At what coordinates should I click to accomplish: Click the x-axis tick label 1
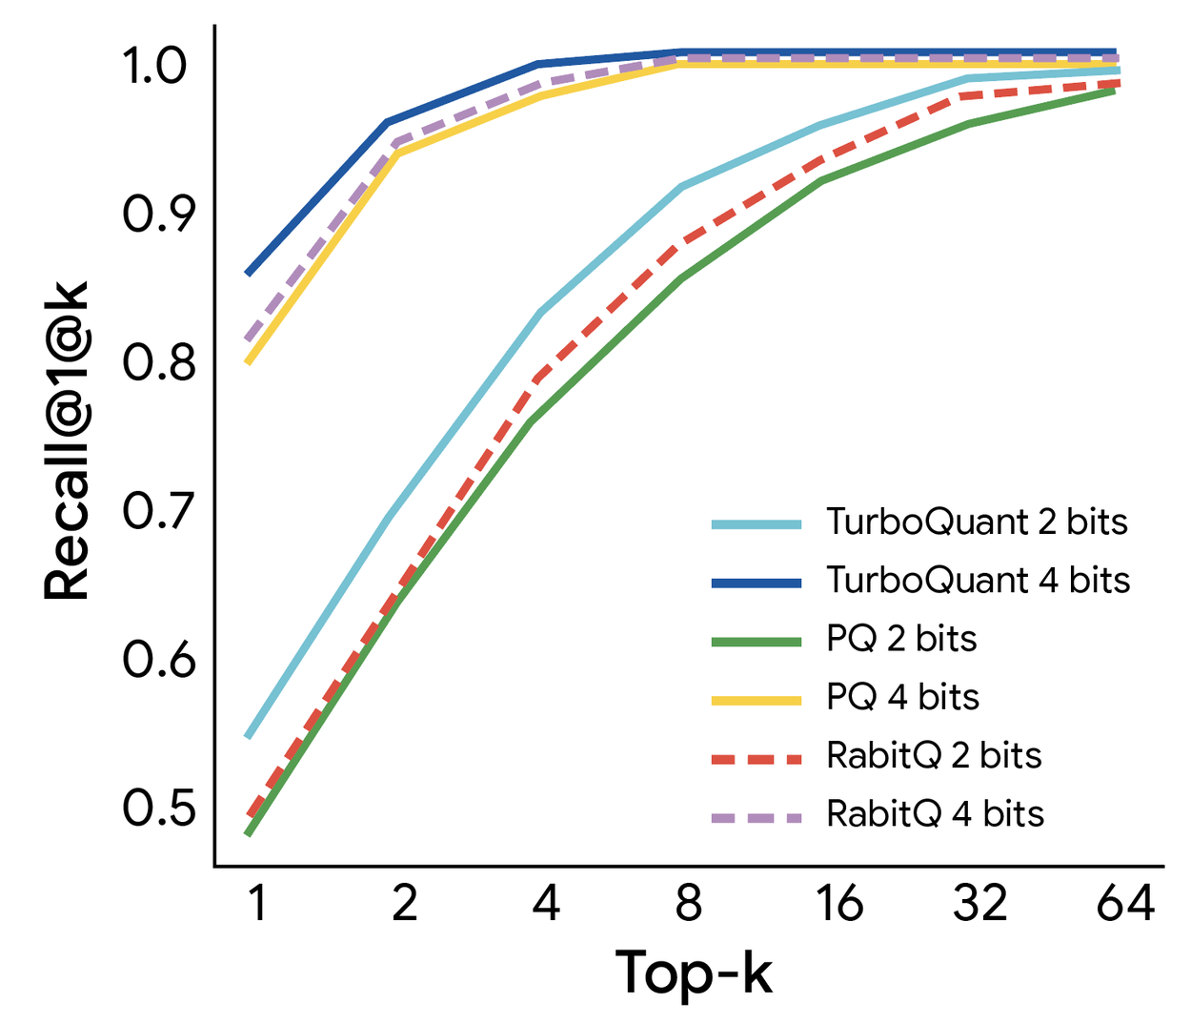[255, 902]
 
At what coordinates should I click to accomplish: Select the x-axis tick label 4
[545, 902]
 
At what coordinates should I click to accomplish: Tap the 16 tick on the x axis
[838, 902]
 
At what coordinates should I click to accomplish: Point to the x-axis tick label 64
[1125, 902]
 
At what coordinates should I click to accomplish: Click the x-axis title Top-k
[694, 973]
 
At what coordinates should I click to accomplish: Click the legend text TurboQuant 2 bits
[977, 522]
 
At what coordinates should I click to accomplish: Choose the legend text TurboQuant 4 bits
[978, 581]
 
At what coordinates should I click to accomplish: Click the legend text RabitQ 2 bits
[934, 756]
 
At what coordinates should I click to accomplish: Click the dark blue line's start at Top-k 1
[248, 274]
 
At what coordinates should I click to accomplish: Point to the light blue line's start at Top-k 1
[248, 736]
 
